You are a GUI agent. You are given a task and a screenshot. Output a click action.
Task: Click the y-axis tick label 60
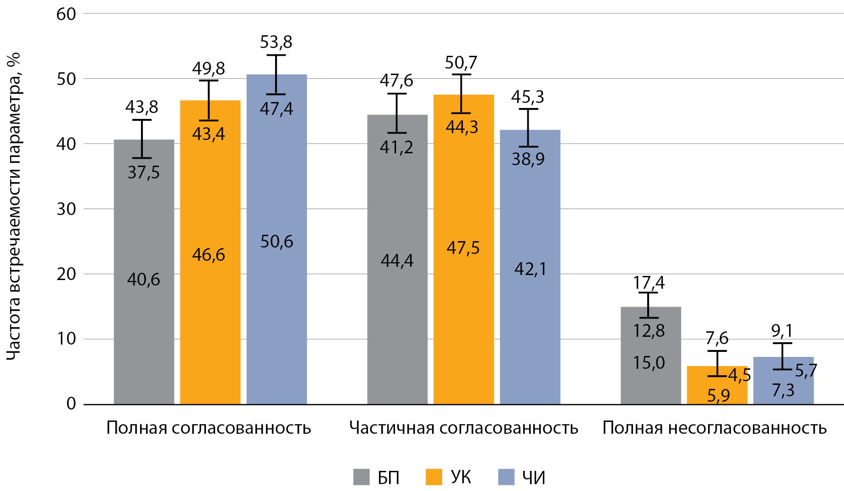click(x=66, y=14)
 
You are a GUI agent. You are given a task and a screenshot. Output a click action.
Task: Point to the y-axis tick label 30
click(x=66, y=209)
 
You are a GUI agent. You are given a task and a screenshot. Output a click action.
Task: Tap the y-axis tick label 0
click(x=71, y=404)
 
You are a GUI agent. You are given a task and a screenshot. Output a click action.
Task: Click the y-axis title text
click(x=14, y=206)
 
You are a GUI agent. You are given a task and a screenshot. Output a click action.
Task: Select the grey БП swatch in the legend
click(x=361, y=477)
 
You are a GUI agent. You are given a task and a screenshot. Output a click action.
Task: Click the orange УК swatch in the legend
click(x=433, y=477)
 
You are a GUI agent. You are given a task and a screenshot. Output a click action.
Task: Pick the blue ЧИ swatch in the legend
click(x=506, y=477)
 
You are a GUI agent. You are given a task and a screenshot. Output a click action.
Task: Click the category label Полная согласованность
click(x=209, y=428)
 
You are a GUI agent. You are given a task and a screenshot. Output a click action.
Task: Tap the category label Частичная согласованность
click(x=464, y=428)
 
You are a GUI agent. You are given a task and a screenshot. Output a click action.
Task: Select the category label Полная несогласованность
click(x=714, y=428)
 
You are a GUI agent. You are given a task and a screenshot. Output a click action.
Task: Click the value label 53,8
click(x=276, y=42)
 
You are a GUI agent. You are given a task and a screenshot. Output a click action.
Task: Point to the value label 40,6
click(x=144, y=280)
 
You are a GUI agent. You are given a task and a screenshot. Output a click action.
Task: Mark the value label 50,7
click(x=461, y=62)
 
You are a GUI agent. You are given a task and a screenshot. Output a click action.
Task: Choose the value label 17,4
click(x=649, y=283)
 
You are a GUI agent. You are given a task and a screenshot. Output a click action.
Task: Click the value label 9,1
click(x=782, y=330)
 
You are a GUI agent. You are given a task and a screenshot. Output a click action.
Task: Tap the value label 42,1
click(x=530, y=269)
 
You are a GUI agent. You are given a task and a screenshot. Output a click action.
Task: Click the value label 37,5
click(x=144, y=173)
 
